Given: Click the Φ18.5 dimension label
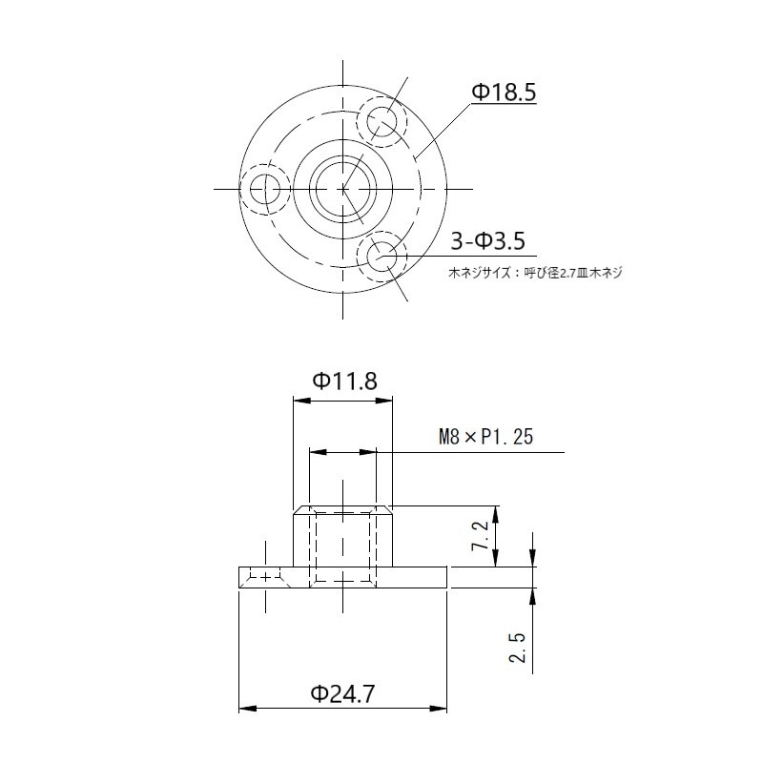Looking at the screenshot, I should point(505,93).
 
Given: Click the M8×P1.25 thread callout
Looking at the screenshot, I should point(485,438).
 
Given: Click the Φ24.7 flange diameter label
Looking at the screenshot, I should point(342,693).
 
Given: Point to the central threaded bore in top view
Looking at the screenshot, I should point(342,188).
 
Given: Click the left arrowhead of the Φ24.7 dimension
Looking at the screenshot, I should point(244,710).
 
